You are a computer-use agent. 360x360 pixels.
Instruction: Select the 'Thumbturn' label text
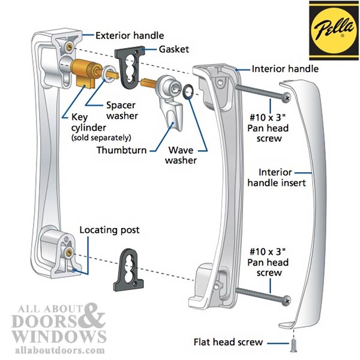click(121, 148)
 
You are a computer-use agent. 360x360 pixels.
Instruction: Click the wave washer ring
click(188, 91)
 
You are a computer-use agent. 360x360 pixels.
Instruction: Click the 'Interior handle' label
click(285, 69)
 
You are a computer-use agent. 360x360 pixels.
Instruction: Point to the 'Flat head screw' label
click(228, 342)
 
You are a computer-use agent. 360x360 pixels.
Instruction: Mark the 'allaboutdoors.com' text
click(54, 349)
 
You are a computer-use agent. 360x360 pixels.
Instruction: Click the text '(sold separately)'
click(101, 139)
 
